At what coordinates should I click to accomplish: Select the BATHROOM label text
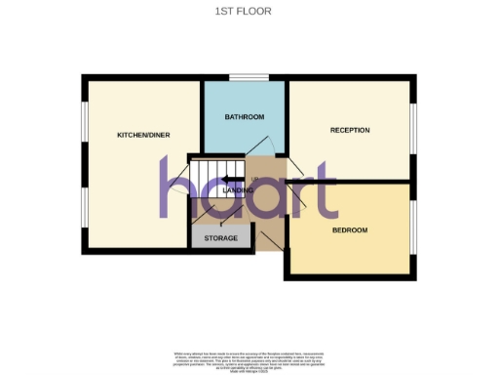pyautogui.click(x=245, y=117)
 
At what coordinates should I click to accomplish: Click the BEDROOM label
pyautogui.click(x=350, y=230)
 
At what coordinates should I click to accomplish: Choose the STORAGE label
pyautogui.click(x=221, y=238)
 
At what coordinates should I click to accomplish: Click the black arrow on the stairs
pyautogui.click(x=231, y=179)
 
